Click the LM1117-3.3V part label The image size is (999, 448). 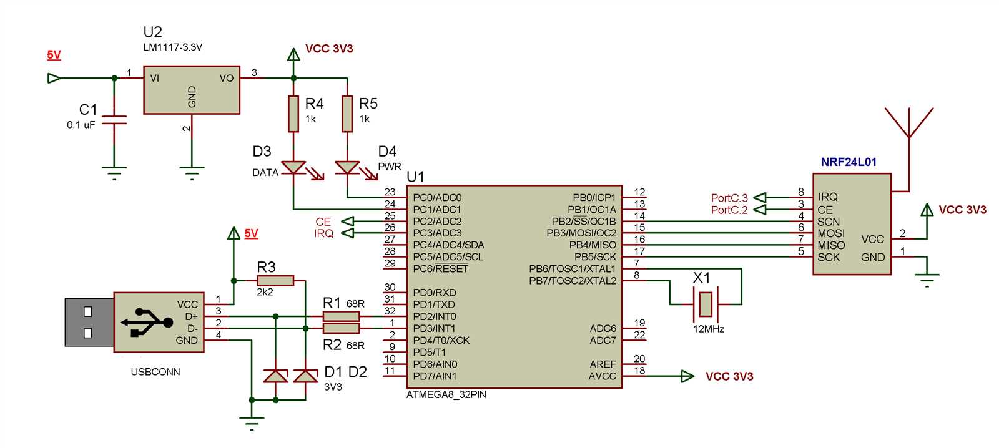click(172, 47)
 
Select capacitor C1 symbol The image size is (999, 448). click(114, 120)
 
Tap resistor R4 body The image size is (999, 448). click(293, 114)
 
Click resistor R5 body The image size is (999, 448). click(347, 114)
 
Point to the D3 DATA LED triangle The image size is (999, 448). click(293, 167)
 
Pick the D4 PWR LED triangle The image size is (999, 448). click(347, 167)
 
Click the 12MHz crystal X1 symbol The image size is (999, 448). click(706, 304)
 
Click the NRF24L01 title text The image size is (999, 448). click(848, 162)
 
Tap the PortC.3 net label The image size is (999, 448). click(729, 198)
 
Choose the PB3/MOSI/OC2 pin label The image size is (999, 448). click(581, 233)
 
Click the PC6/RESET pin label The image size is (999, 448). click(440, 269)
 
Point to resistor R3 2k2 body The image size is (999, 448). click(275, 281)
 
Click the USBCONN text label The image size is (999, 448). click(155, 372)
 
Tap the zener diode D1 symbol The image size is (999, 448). click(275, 376)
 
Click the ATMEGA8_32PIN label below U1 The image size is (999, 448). click(446, 395)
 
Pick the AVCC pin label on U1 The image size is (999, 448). click(602, 376)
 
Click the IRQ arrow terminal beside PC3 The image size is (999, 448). click(347, 233)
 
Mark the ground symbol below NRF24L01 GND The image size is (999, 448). click(928, 278)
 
